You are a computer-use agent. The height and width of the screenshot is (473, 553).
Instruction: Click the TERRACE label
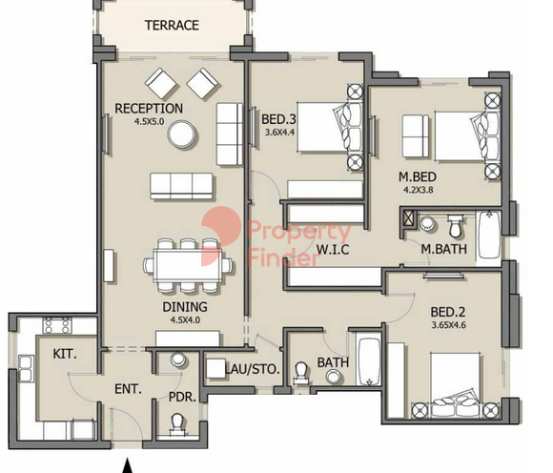tap(172, 26)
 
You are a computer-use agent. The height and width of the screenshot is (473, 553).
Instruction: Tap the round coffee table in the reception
tap(181, 134)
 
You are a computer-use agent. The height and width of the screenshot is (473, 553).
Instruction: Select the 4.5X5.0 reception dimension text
tap(149, 122)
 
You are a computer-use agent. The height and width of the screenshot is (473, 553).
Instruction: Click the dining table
tap(188, 265)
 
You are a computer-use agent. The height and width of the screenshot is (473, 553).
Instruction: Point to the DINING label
tap(185, 307)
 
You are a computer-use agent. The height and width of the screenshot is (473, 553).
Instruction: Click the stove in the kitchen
tap(57, 325)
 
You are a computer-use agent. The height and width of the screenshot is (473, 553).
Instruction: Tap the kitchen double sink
tap(26, 369)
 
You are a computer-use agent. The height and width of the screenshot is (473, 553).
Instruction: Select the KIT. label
tap(65, 354)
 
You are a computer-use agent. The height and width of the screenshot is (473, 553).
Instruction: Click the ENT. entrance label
tap(128, 389)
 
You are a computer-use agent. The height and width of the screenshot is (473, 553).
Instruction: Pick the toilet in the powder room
tap(177, 424)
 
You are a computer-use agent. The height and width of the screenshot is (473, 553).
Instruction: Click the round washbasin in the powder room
tap(178, 360)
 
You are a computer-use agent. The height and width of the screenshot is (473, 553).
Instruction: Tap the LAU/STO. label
tap(253, 369)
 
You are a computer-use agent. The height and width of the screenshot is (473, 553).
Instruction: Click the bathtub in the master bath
tap(489, 236)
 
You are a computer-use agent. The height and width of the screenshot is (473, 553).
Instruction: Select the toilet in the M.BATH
tap(455, 226)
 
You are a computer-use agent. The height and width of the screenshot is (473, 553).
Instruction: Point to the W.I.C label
tap(333, 250)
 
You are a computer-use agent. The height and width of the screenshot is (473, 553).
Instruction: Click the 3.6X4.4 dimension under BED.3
tap(279, 133)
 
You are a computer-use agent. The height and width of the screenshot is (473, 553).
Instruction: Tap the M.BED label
tap(418, 176)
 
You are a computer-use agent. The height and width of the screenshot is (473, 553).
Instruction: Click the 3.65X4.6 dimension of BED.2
tap(449, 325)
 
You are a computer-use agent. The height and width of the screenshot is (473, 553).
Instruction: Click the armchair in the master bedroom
tap(416, 135)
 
